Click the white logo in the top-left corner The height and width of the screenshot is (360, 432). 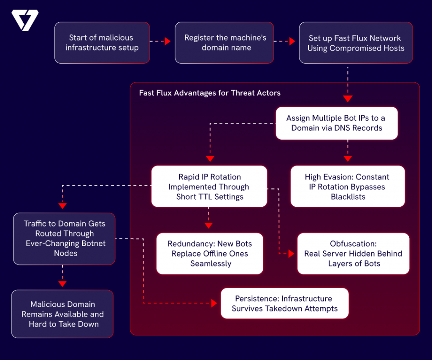[x=25, y=20]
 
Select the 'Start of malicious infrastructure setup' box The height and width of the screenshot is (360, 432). [x=102, y=43]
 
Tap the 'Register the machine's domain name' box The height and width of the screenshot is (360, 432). [x=225, y=43]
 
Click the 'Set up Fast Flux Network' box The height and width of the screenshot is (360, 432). [x=356, y=43]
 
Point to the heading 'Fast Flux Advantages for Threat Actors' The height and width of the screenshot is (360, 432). [x=210, y=93]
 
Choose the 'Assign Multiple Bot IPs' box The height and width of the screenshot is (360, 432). [x=336, y=123]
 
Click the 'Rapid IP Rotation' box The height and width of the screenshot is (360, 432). [x=209, y=187]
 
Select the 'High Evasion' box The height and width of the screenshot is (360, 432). [x=347, y=187]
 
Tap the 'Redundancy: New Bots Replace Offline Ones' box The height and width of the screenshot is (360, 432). [x=210, y=254]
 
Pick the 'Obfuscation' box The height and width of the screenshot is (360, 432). [x=353, y=254]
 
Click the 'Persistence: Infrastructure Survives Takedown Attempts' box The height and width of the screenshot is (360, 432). [x=284, y=303]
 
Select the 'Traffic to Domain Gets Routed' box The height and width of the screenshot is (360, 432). [x=64, y=238]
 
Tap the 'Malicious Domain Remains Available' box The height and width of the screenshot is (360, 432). [x=62, y=314]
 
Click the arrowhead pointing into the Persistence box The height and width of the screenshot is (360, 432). [x=213, y=303]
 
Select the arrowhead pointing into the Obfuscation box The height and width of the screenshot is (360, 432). [x=291, y=254]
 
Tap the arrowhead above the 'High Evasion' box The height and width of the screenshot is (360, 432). [x=347, y=159]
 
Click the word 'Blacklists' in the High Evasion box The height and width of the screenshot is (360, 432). [x=348, y=197]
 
